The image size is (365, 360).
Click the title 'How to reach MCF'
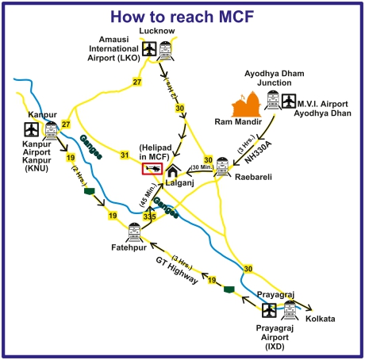tap(182, 17)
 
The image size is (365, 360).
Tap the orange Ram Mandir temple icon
tap(247, 105)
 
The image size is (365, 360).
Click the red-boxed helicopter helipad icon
tap(152, 169)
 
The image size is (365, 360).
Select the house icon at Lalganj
tap(173, 170)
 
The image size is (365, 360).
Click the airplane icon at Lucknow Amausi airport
tap(149, 49)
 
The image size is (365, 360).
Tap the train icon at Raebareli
tap(222, 167)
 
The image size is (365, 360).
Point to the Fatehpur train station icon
tap(134, 233)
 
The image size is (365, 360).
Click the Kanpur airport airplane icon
tap(32, 129)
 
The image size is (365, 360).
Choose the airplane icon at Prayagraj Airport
tap(269, 310)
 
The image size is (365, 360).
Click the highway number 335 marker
tap(149, 216)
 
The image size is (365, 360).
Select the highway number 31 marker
tap(125, 155)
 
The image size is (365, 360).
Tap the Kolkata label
tap(321, 319)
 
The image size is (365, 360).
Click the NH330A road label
tap(258, 152)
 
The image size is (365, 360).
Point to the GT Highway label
tap(177, 270)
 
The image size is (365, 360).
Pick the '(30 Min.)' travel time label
tap(202, 167)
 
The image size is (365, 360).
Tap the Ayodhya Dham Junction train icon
tap(273, 100)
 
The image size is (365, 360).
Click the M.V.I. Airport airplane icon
tap(289, 101)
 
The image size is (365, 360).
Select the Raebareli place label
tap(253, 177)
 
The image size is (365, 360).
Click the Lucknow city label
tap(157, 31)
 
